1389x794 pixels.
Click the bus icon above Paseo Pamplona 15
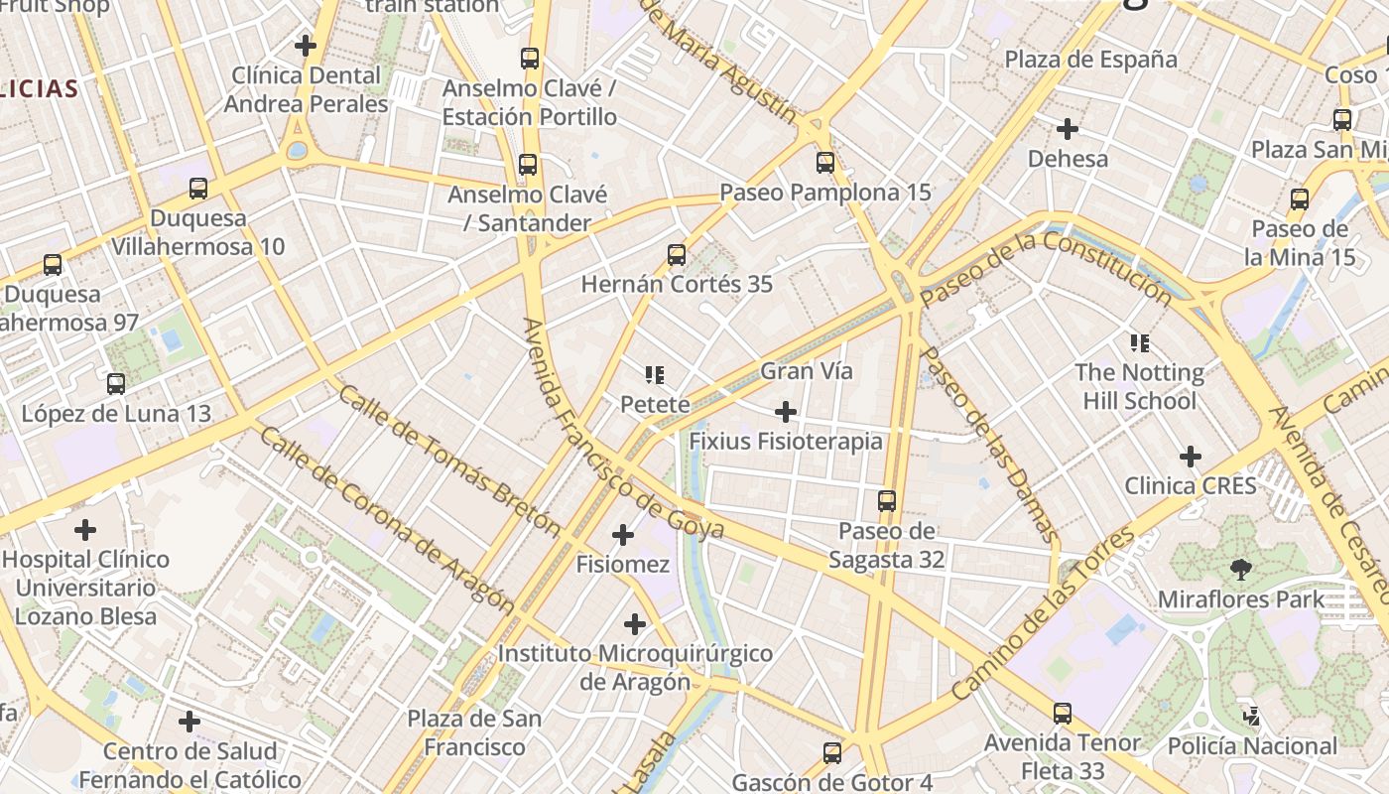(x=824, y=162)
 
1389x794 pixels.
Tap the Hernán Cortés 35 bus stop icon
(x=677, y=255)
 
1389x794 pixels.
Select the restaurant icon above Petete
(x=654, y=374)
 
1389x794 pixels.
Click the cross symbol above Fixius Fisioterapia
(x=785, y=411)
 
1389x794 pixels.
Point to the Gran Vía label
(x=806, y=371)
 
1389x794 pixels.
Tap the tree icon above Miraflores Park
(x=1240, y=570)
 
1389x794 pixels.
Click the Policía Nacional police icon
(x=1252, y=716)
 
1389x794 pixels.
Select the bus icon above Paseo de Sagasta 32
(x=887, y=501)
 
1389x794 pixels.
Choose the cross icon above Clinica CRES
(x=1190, y=457)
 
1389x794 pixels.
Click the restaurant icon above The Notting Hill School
(x=1140, y=343)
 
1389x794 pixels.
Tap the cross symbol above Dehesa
(x=1068, y=129)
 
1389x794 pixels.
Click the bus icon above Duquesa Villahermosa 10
(x=198, y=188)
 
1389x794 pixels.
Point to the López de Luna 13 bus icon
(x=116, y=384)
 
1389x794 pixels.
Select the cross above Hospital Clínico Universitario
(x=85, y=529)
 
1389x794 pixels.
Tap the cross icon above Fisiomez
(x=623, y=536)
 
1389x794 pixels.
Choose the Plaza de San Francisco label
(x=474, y=732)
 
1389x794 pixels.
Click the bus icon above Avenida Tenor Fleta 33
(x=1063, y=713)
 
